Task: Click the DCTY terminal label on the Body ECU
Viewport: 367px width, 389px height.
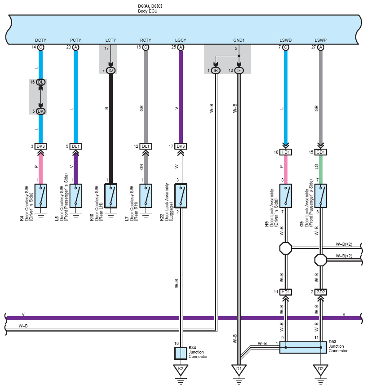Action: (x=41, y=40)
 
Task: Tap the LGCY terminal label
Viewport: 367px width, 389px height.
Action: (x=181, y=40)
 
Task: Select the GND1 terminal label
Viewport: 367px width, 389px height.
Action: (x=239, y=40)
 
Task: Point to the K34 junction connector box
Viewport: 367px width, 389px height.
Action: (x=181, y=353)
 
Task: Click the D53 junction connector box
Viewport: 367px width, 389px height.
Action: (x=303, y=347)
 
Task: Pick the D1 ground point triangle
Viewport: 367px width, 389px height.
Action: (x=239, y=369)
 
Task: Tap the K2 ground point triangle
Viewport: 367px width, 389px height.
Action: (x=181, y=369)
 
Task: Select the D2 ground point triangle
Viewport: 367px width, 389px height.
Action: (x=321, y=369)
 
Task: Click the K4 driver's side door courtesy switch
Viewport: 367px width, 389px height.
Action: (x=41, y=196)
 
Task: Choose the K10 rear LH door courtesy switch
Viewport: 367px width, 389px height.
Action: (x=111, y=196)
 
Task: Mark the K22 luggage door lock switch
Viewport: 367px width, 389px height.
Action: (x=181, y=196)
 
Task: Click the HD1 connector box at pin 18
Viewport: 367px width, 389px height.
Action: (x=286, y=152)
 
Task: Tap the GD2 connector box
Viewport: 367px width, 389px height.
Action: (x=321, y=292)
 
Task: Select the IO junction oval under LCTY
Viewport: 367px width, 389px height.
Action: (x=111, y=71)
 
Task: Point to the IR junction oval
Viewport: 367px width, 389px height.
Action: (x=216, y=71)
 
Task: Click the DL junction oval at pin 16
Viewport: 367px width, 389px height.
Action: (x=41, y=82)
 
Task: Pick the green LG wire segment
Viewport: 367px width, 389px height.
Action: (x=321, y=170)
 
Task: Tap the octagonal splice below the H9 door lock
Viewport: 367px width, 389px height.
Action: (x=286, y=248)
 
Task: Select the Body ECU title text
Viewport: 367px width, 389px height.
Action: (x=148, y=11)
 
